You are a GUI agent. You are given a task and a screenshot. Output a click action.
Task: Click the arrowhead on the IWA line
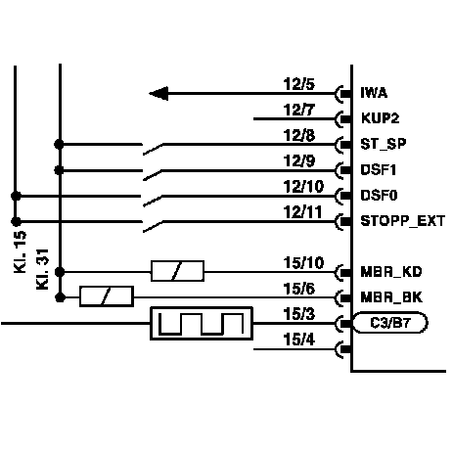click(159, 94)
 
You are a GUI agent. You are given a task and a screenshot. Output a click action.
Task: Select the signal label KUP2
click(381, 118)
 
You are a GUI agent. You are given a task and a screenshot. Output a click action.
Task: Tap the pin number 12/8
click(299, 135)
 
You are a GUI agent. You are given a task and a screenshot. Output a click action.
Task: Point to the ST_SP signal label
click(384, 144)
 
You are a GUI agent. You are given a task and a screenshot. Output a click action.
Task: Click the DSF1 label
click(379, 169)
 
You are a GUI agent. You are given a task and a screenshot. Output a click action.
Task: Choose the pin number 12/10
click(303, 187)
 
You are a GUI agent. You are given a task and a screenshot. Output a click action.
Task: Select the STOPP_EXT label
click(403, 221)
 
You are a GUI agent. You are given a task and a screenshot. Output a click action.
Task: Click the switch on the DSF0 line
click(153, 201)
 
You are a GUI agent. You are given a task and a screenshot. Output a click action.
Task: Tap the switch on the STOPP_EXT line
click(153, 227)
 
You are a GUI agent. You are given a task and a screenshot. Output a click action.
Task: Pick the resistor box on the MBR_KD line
click(177, 271)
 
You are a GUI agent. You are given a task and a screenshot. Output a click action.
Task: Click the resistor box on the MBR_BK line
click(107, 296)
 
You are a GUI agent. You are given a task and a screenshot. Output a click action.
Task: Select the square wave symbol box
click(202, 323)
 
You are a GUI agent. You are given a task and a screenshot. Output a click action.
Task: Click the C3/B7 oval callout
click(390, 323)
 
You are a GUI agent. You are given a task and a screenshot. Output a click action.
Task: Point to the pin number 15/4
click(299, 340)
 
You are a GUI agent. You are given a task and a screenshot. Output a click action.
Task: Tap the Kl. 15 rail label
click(20, 251)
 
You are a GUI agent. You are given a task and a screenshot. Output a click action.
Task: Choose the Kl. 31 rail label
click(42, 269)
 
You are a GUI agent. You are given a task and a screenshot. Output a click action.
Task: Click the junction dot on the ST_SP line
click(59, 144)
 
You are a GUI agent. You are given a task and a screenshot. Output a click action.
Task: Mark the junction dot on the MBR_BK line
click(61, 297)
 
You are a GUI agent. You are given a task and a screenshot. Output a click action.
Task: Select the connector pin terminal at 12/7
click(343, 119)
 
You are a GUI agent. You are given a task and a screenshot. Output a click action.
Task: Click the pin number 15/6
click(299, 289)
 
